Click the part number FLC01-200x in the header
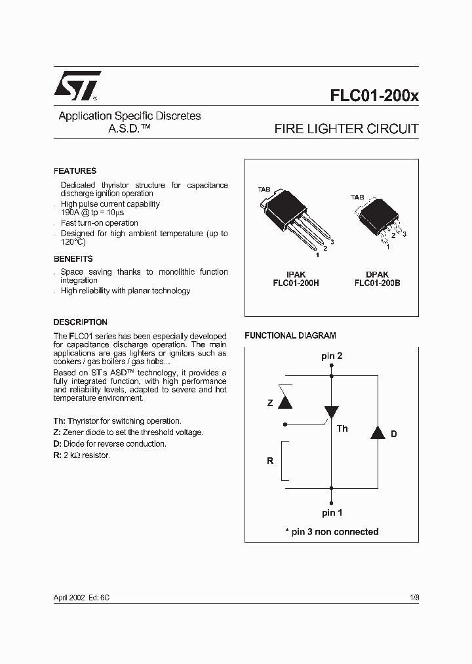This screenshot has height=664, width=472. (374, 94)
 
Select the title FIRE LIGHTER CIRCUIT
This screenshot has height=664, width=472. (345, 129)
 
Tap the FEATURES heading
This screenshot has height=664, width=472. (75, 171)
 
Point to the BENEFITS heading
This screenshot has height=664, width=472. (73, 259)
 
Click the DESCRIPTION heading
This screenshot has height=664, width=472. (80, 322)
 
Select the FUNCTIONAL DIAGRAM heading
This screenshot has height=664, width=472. (290, 335)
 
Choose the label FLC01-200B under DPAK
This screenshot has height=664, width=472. (377, 283)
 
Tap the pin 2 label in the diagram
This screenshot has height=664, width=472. (332, 356)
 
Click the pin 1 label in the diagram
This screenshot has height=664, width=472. (332, 512)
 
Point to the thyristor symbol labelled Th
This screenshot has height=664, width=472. (332, 412)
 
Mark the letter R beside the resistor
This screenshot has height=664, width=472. (269, 461)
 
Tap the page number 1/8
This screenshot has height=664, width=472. (414, 598)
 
